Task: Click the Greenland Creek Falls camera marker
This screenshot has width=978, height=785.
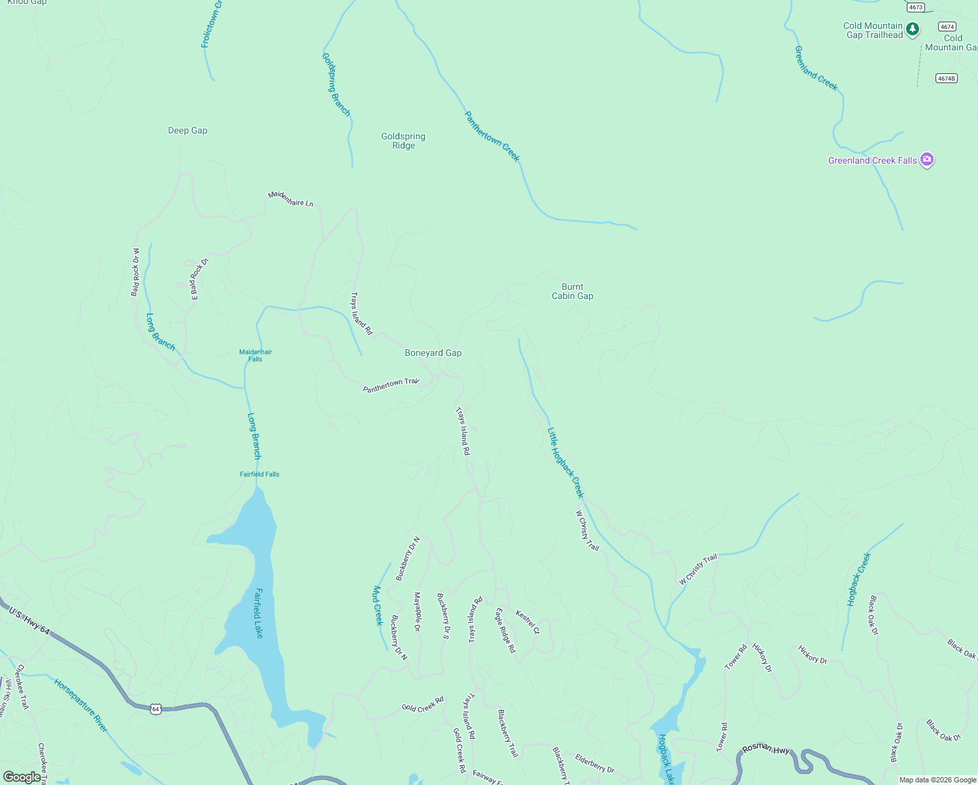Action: pos(926,160)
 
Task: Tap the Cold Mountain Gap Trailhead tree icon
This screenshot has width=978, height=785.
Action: pos(913,29)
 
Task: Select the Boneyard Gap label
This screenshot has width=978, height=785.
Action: pos(433,353)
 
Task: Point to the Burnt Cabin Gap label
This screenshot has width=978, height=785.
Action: pos(572,292)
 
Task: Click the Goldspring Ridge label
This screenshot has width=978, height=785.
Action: pos(403,141)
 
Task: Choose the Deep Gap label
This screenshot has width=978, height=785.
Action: pos(188,131)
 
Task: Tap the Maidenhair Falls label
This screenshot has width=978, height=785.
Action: pos(255,355)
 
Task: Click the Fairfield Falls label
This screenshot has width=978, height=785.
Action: pos(260,474)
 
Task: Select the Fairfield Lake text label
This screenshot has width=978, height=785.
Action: pos(259,613)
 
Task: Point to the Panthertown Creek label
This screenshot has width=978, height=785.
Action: pos(492,136)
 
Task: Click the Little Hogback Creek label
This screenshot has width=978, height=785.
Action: pos(565,462)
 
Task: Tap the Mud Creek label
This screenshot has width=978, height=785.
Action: pos(377,606)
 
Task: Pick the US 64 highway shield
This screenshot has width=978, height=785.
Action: pos(155,709)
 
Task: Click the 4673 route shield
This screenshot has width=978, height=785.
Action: pos(916,7)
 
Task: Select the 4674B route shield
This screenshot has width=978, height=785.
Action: pos(946,78)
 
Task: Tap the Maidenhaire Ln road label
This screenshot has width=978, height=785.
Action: pos(291,200)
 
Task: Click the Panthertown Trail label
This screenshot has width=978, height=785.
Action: pos(391,385)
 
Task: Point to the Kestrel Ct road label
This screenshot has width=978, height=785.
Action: pos(528,622)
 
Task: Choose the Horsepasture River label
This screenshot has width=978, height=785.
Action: pos(80,705)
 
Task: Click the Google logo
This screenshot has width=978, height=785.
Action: pos(22,777)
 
